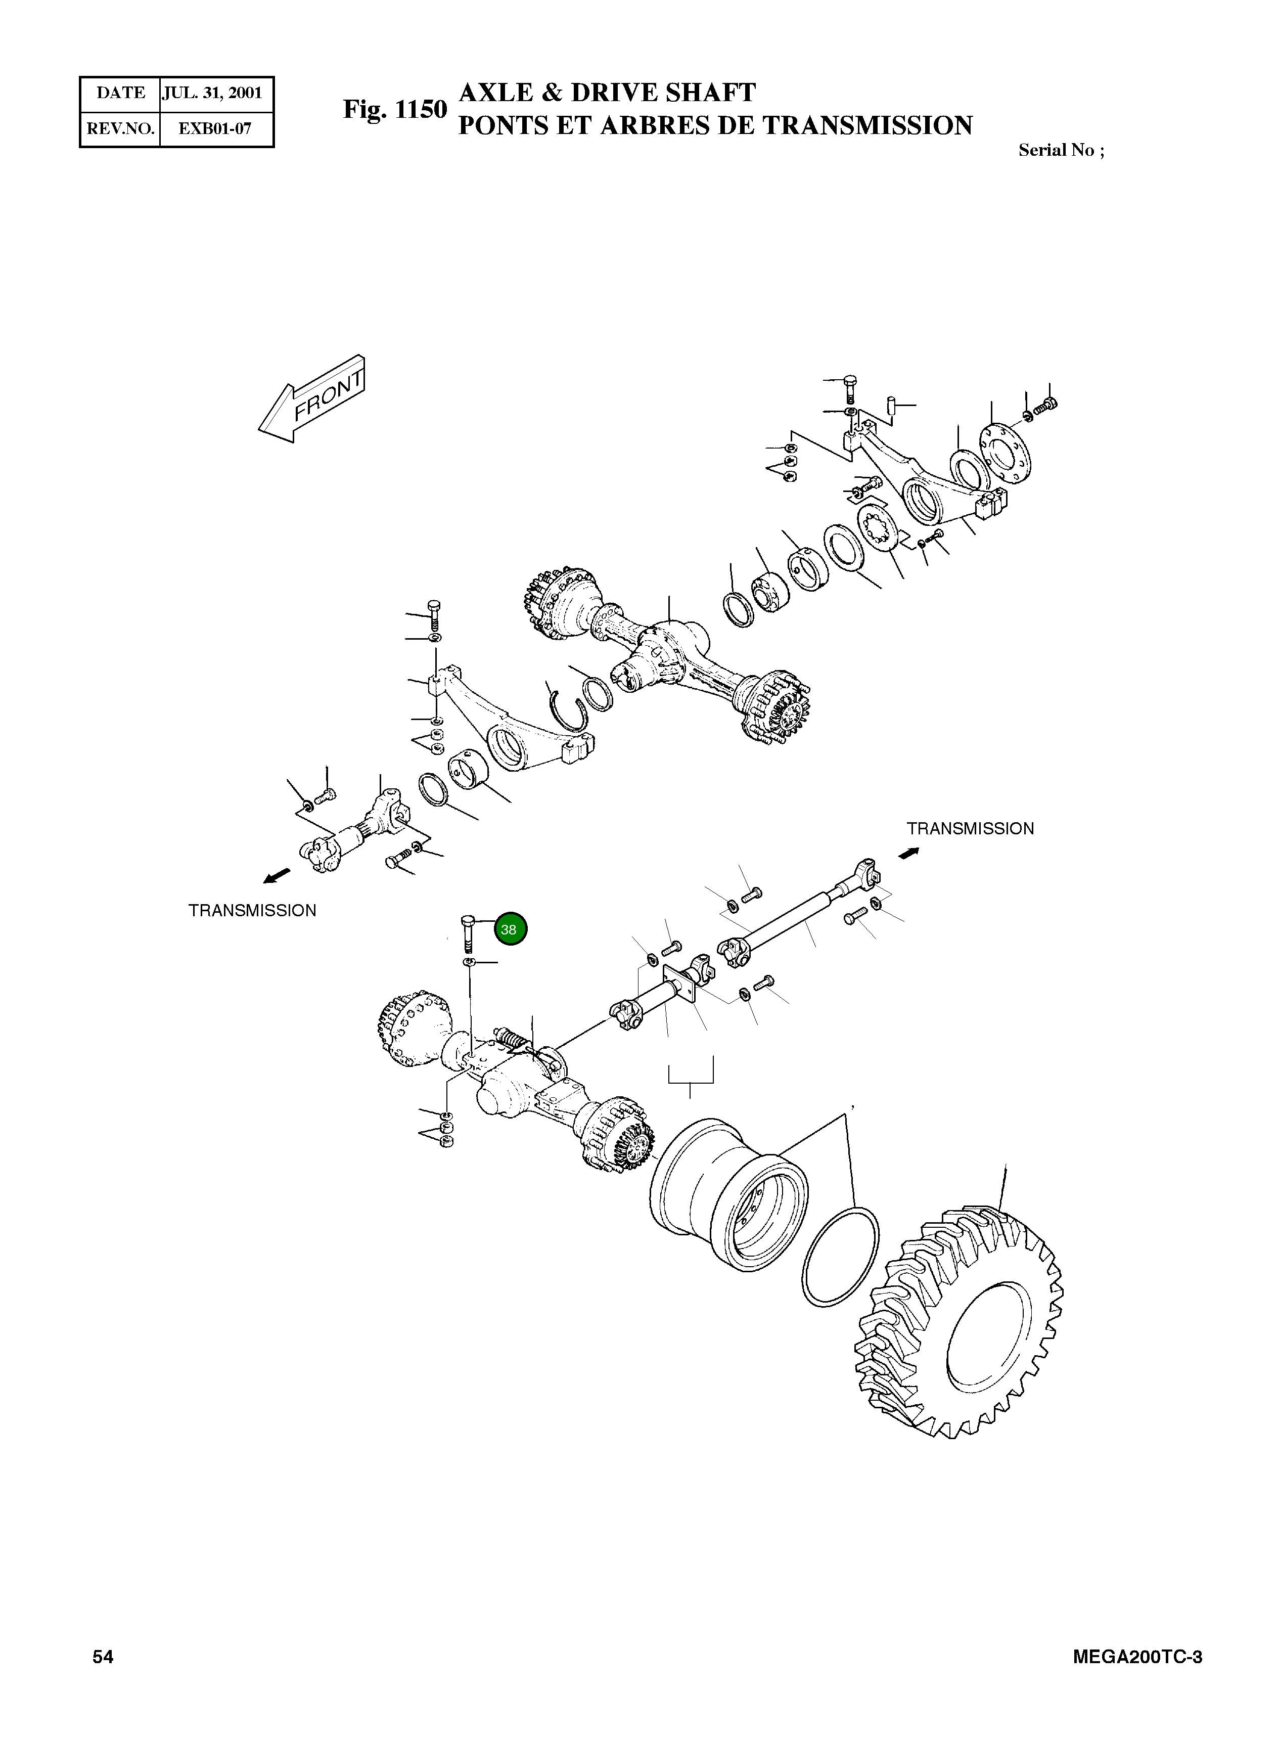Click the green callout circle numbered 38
[x=510, y=929]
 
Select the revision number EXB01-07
[x=214, y=128]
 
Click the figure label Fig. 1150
[x=394, y=110]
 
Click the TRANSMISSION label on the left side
[x=252, y=911]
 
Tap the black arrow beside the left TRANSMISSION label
[x=276, y=875]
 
